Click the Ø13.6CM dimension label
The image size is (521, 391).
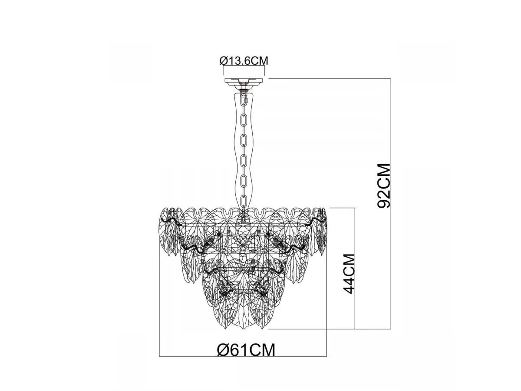coord(244,61)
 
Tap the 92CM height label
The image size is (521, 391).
coord(383,186)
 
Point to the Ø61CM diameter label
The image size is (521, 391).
coord(246,350)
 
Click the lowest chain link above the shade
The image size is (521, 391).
coord(244,201)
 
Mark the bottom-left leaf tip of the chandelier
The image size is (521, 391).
coord(224,329)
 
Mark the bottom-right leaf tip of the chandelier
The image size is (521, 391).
coord(263,329)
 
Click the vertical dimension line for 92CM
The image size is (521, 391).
coord(390,203)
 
